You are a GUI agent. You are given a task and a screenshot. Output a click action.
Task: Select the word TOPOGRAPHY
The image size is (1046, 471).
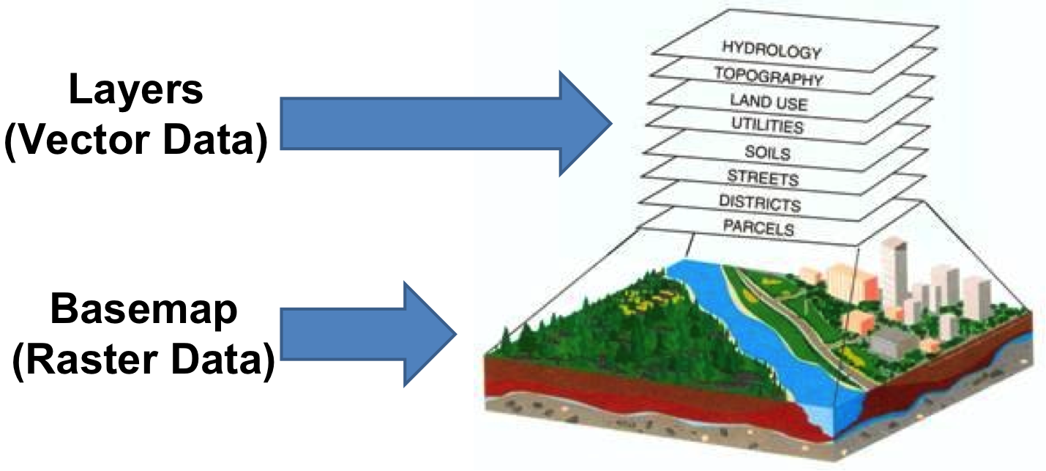[x=768, y=77]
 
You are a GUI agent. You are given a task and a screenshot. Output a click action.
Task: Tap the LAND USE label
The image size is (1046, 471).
[x=768, y=102]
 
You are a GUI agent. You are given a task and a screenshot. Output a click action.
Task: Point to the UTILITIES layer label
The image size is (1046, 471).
[x=767, y=126]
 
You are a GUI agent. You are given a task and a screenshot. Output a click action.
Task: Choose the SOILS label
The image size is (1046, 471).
[x=767, y=152]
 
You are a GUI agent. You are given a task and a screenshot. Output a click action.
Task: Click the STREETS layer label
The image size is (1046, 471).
[x=763, y=178]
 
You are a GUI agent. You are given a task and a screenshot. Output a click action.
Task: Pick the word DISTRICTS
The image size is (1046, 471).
[x=759, y=202]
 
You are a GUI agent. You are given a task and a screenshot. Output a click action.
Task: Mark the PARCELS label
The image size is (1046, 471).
[x=758, y=228]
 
